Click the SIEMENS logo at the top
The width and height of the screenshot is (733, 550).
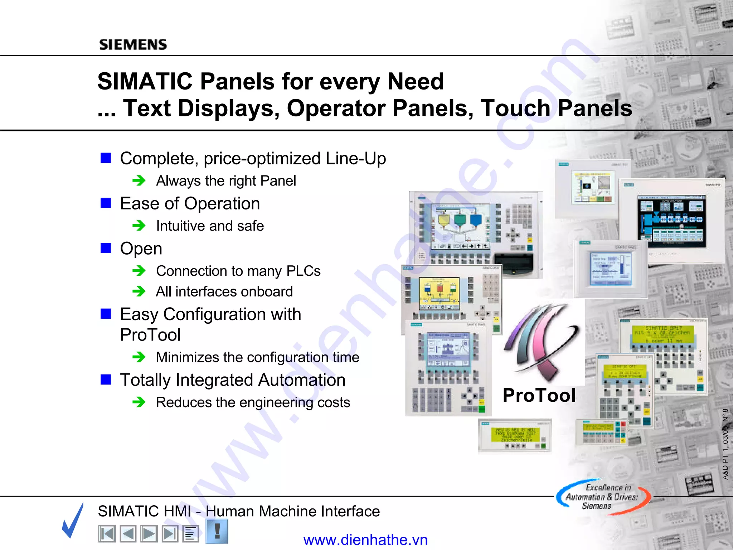pyautogui.click(x=133, y=44)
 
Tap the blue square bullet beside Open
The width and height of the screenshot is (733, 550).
pyautogui.click(x=106, y=248)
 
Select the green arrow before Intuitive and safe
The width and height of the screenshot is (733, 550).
pyautogui.click(x=139, y=226)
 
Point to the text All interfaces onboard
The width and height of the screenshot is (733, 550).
pyautogui.click(x=224, y=291)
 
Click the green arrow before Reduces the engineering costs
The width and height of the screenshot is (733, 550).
pyautogui.click(x=139, y=402)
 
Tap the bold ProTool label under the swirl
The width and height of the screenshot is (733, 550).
pyautogui.click(x=539, y=395)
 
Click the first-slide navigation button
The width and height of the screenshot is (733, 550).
pyautogui.click(x=107, y=534)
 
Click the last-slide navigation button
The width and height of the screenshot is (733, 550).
pyautogui.click(x=170, y=534)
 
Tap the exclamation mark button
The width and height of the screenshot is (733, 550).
pyautogui.click(x=217, y=531)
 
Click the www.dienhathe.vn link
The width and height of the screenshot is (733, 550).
pyautogui.click(x=365, y=540)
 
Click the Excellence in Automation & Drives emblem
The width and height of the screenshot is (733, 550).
pyautogui.click(x=603, y=497)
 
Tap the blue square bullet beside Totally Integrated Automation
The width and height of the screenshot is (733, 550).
pyautogui.click(x=106, y=379)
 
